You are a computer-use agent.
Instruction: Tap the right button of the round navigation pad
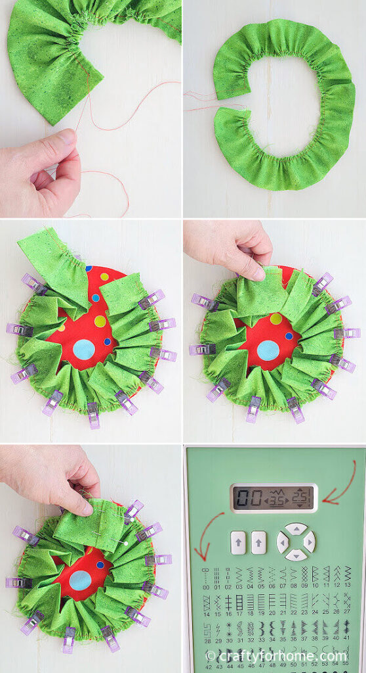click(x=309, y=542)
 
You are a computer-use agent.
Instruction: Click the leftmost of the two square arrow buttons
click(x=237, y=542)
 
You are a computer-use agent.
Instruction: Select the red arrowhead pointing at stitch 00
click(x=205, y=559)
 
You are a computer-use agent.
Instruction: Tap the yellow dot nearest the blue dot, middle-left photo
click(x=100, y=321)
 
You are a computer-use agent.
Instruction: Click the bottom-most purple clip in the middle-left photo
click(x=93, y=415)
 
